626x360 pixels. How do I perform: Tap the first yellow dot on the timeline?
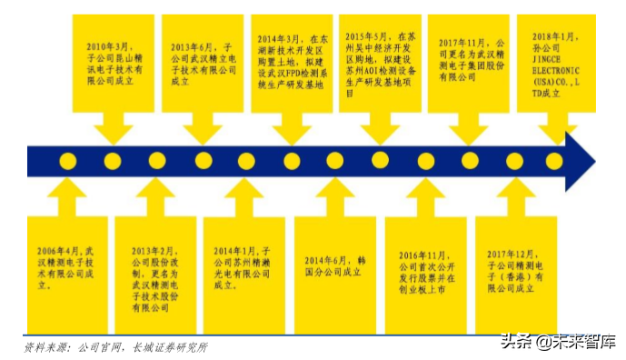pos(68,161)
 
